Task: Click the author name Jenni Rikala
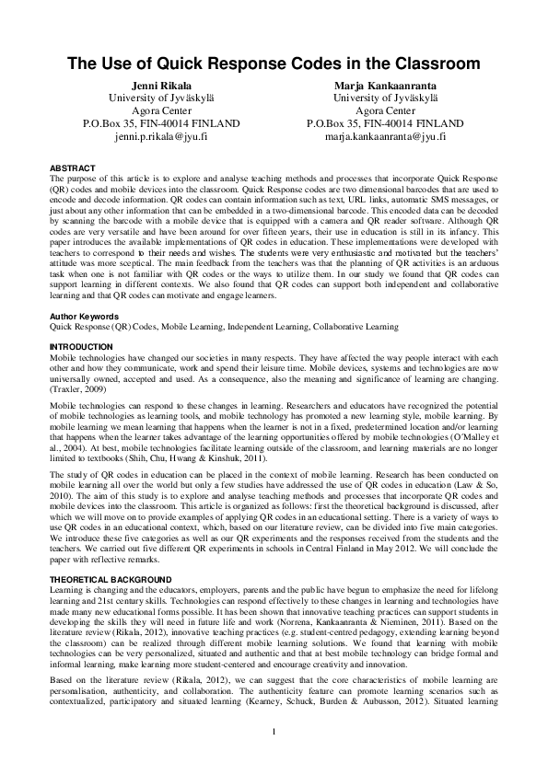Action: [x=161, y=85]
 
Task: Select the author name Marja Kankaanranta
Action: [x=386, y=85]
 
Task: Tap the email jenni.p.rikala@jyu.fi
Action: [x=161, y=135]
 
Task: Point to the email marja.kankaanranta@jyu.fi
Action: [x=386, y=135]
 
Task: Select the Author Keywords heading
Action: [x=85, y=317]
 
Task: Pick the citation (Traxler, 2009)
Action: [x=78, y=391]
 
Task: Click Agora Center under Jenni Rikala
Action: [x=161, y=110]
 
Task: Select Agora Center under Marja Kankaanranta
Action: [x=386, y=110]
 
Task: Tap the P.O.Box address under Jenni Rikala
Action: [x=161, y=122]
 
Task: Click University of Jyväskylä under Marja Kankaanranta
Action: [x=386, y=97]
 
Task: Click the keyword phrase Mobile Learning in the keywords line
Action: [x=168, y=327]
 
